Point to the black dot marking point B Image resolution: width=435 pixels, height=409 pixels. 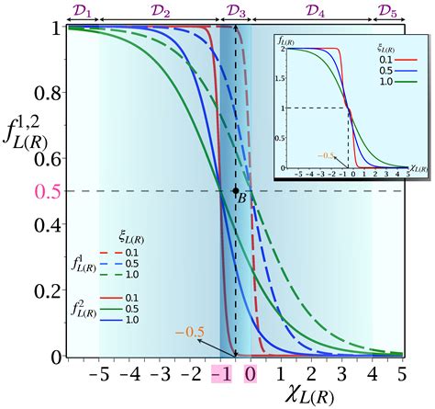coord(236,190)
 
